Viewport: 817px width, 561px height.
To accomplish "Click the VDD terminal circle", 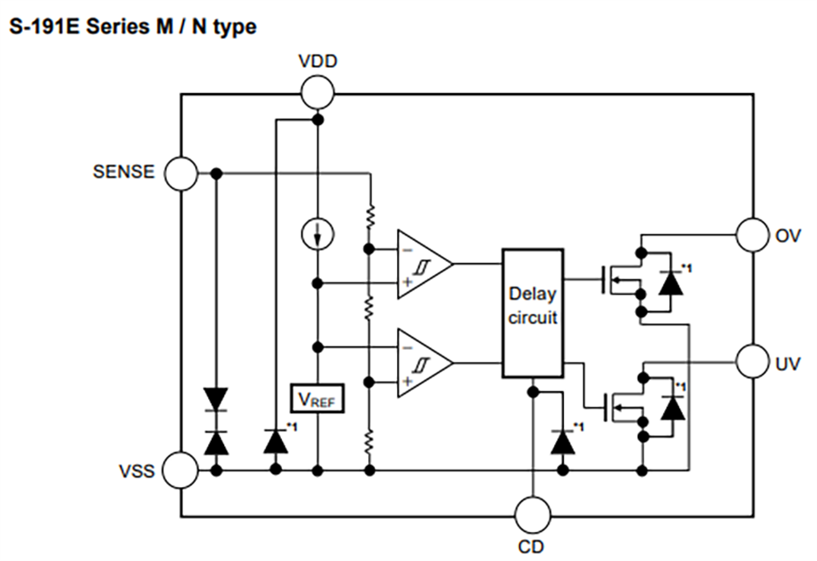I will coord(318,91).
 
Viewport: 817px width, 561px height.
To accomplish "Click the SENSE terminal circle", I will coord(183,173).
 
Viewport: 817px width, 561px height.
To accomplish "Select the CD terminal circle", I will coord(531,514).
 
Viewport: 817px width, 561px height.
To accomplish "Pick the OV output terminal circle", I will coord(753,235).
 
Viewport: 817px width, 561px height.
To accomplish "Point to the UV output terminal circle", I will coord(753,361).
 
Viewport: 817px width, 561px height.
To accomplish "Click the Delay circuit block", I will coord(532,313).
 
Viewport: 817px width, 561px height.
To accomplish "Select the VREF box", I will coord(318,399).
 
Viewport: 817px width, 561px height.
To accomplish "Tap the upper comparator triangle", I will coord(422,265).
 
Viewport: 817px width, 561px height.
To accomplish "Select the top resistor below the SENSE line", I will coord(370,215).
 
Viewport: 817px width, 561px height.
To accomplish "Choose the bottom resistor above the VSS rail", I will coord(370,438).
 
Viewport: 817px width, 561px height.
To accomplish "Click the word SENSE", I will coord(124,172).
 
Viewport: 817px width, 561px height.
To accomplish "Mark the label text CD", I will coord(531,547).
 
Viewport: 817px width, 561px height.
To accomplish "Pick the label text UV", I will coord(789,362).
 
